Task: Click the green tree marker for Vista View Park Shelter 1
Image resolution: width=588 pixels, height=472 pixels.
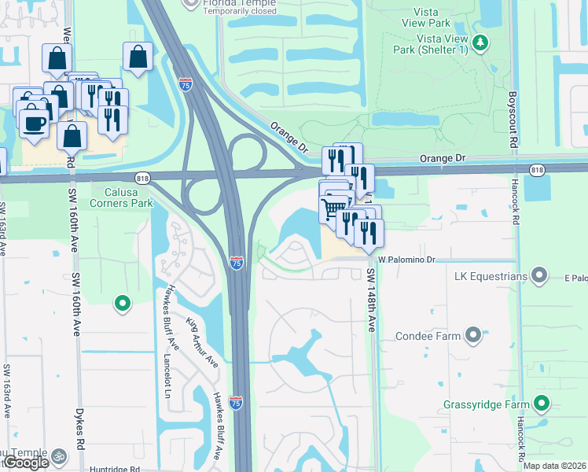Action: point(479,41)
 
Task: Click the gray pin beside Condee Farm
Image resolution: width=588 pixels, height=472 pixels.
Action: point(472,336)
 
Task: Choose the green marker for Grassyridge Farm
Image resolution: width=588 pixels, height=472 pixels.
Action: point(541,404)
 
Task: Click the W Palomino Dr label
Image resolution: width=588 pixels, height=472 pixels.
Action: point(406,259)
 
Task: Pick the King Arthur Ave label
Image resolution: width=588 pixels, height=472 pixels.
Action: point(200,344)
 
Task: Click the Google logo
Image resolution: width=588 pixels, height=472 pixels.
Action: point(25,463)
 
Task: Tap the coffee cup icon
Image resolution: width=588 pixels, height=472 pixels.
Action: point(34,124)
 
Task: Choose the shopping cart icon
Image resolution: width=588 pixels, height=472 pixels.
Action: point(333,207)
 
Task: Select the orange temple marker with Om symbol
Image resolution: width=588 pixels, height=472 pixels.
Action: point(57,455)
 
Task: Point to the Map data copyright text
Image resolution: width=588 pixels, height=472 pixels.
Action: point(555,466)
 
